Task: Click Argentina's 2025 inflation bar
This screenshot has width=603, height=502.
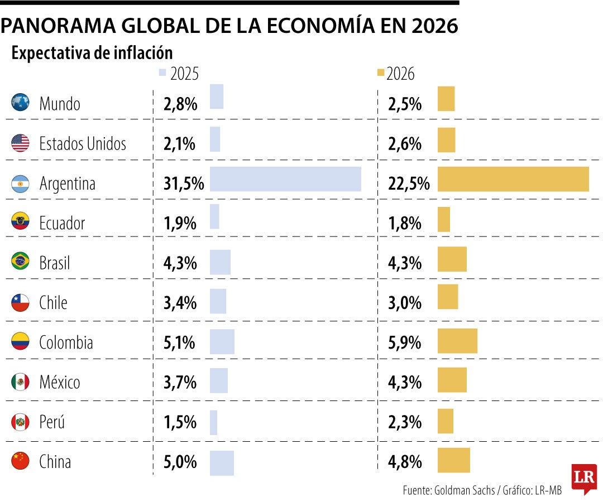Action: point(285,179)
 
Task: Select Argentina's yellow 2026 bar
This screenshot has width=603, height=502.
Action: point(513,179)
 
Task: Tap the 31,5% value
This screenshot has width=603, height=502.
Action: point(184,184)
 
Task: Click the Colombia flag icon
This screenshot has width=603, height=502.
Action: point(20,341)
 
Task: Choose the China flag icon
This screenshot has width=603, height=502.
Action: point(20,461)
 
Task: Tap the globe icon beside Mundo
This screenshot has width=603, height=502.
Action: point(20,103)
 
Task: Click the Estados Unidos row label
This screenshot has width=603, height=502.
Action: point(83,144)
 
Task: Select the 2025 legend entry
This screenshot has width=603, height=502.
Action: point(179,74)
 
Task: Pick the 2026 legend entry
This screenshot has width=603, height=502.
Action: point(396,74)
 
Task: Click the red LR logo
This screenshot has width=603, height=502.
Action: point(584,478)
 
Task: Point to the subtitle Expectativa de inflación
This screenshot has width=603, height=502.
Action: point(92,53)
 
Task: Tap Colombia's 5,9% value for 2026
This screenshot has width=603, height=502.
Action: point(405,342)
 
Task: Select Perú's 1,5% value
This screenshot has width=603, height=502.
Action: point(180,422)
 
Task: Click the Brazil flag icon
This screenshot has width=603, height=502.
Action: point(20,261)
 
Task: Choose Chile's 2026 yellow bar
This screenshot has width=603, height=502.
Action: point(448,297)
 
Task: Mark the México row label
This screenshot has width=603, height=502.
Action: point(60,382)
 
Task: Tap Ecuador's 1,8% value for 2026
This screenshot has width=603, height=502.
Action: point(405,223)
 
